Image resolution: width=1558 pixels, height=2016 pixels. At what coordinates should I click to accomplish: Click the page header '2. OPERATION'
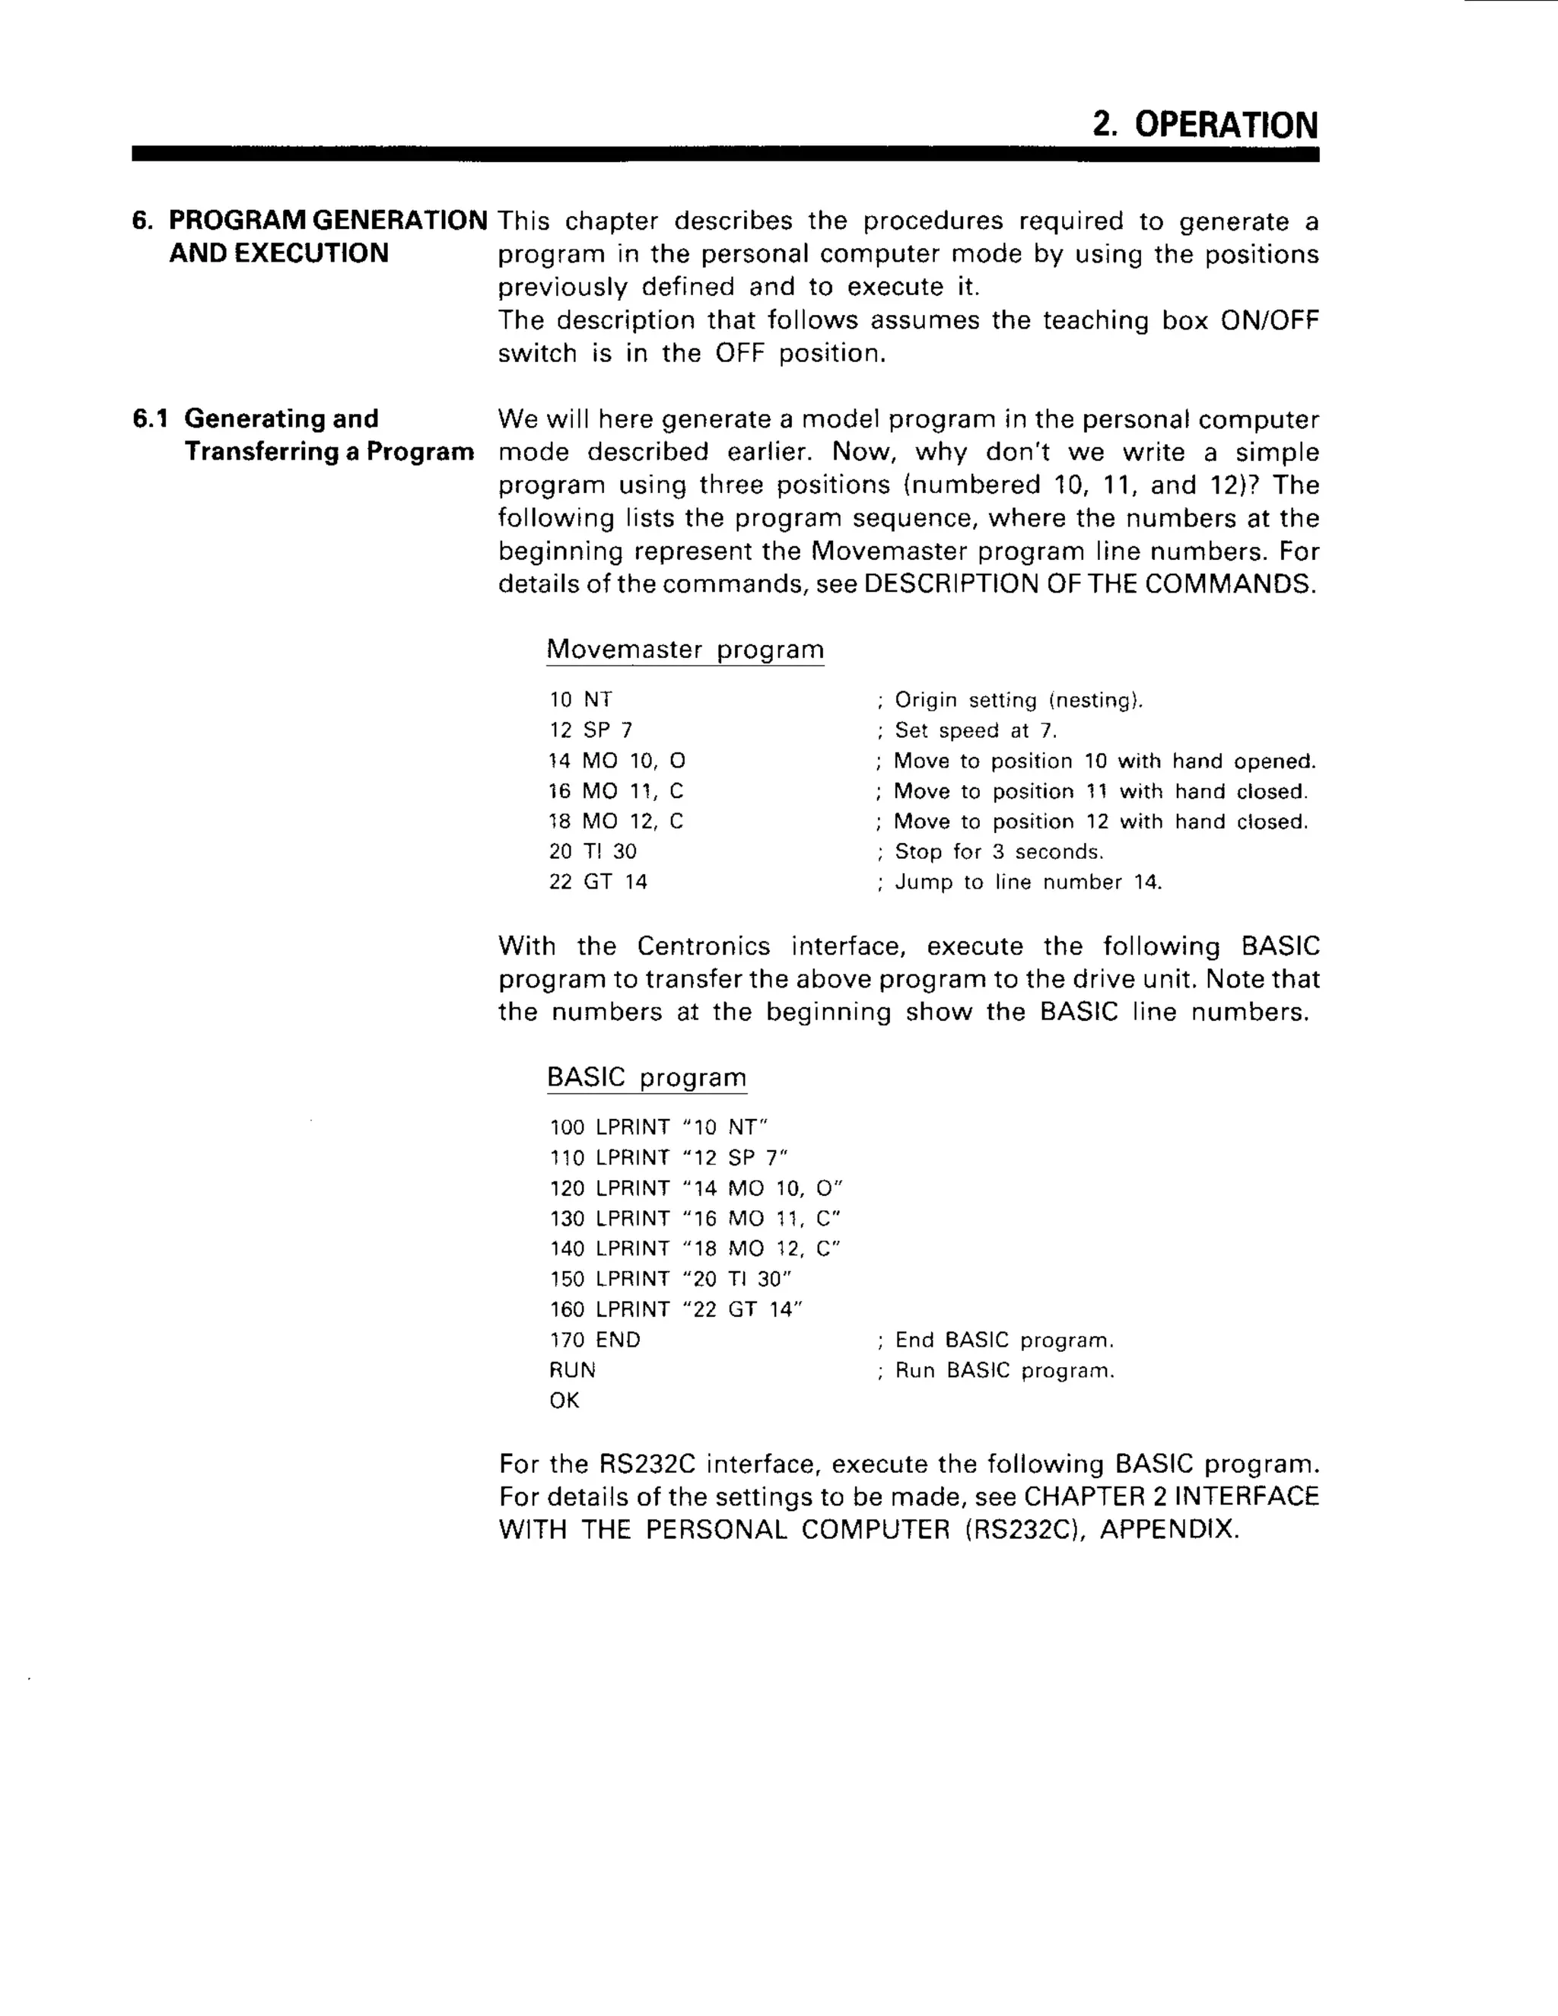click(x=1204, y=125)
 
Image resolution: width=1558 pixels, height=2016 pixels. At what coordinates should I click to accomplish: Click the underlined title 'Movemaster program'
click(x=685, y=649)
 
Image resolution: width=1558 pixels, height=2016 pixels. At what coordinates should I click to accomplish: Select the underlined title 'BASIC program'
click(x=646, y=1077)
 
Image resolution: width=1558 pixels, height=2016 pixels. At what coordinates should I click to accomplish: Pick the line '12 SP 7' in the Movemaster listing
click(x=590, y=730)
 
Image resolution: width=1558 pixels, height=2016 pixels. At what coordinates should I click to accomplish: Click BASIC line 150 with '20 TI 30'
click(x=671, y=1279)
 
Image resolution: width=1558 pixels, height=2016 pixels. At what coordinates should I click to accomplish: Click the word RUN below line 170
click(x=572, y=1370)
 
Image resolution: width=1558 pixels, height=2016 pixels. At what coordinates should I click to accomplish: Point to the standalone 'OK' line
click(x=564, y=1401)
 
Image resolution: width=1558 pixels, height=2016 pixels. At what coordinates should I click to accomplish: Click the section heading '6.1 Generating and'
click(x=256, y=419)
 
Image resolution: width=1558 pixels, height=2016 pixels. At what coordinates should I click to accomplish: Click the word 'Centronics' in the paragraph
click(x=704, y=946)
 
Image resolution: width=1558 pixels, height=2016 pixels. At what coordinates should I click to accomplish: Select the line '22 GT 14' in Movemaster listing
click(x=598, y=882)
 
